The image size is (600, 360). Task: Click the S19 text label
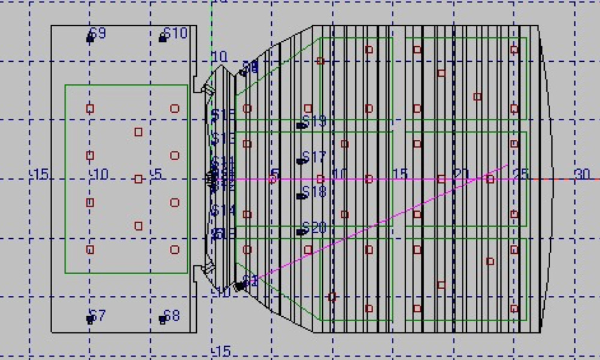[x=314, y=122]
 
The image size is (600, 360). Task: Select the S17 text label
[x=314, y=157]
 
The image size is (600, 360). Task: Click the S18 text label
[x=314, y=192]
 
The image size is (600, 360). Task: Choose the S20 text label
[x=314, y=228]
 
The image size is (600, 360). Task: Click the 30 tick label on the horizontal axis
[x=582, y=174]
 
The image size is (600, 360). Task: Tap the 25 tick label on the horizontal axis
[x=521, y=174]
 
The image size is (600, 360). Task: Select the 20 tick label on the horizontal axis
[x=461, y=174]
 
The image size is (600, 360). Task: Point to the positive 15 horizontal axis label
[x=400, y=174]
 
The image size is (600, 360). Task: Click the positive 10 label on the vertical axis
[x=220, y=57]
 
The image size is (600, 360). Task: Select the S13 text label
[x=223, y=139]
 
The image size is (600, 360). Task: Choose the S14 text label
[x=223, y=211]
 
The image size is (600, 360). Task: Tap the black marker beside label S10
[x=163, y=38]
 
